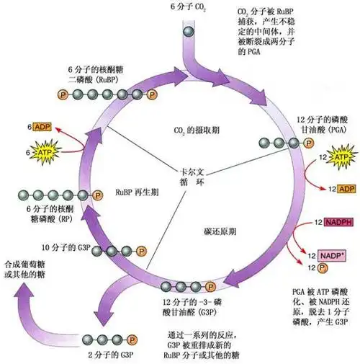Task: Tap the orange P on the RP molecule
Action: coord(97,195)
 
